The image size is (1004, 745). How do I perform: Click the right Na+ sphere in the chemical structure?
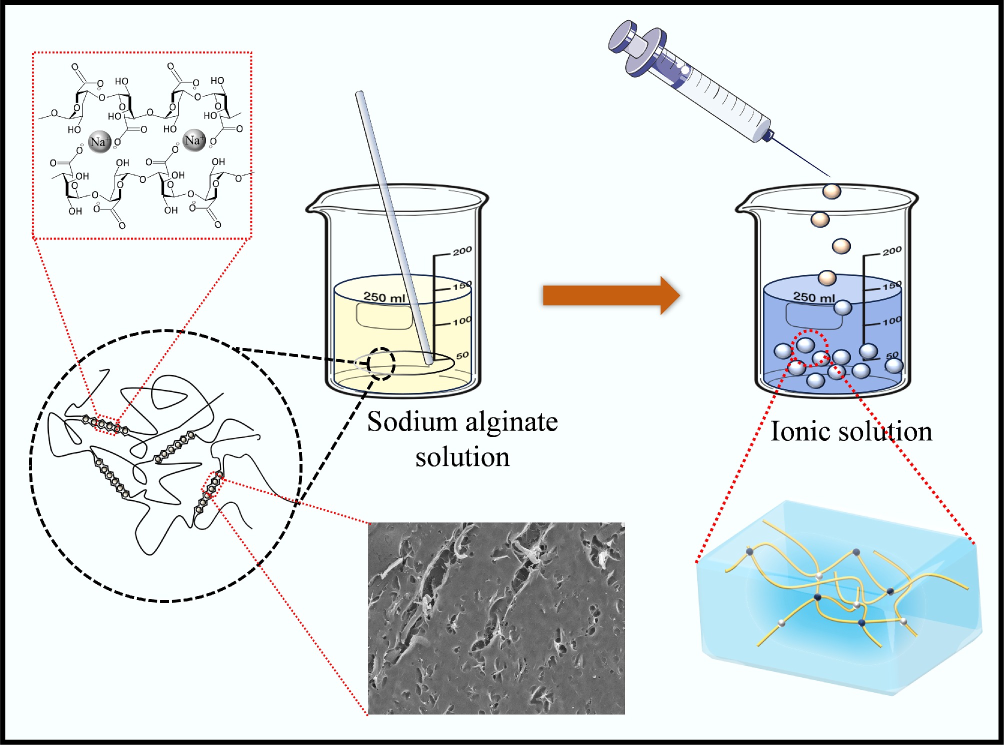pyautogui.click(x=194, y=140)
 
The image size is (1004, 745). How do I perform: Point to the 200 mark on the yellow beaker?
pyautogui.click(x=462, y=250)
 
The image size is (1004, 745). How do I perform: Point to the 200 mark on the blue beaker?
pyautogui.click(x=892, y=250)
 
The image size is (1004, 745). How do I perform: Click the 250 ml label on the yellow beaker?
pyautogui.click(x=384, y=297)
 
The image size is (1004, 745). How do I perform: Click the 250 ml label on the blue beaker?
pyautogui.click(x=814, y=297)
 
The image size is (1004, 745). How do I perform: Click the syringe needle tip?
pyautogui.click(x=829, y=176)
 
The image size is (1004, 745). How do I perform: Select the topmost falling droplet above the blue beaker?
pyautogui.click(x=831, y=191)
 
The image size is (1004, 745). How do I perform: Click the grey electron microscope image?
pyautogui.click(x=496, y=618)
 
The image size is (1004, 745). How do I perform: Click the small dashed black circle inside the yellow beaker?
pyautogui.click(x=381, y=363)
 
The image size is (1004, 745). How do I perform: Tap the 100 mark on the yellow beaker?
pyautogui.click(x=462, y=321)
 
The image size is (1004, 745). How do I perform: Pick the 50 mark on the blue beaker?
pyautogui.click(x=892, y=355)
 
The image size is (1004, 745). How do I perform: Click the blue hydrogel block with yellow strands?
pyautogui.click(x=840, y=600)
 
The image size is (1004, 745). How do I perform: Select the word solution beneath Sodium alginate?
pyautogui.click(x=462, y=457)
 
